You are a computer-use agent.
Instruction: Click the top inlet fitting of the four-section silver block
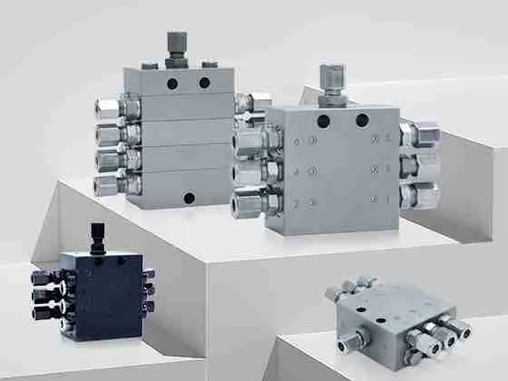176,44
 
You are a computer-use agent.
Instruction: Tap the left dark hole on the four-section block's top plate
171,83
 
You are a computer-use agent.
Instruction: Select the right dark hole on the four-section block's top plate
204,83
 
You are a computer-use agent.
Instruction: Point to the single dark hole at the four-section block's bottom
189,196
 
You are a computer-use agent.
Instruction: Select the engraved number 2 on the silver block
296,204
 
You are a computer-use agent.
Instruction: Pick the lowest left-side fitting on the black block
42,312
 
